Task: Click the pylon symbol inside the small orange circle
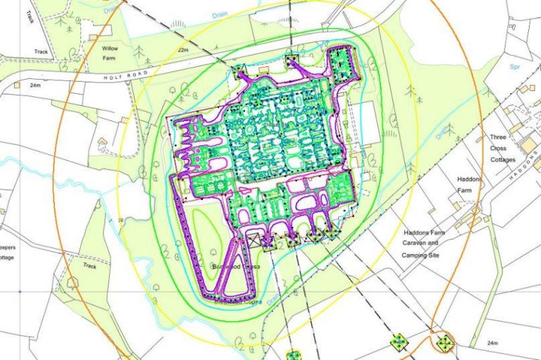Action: point(445,343)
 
